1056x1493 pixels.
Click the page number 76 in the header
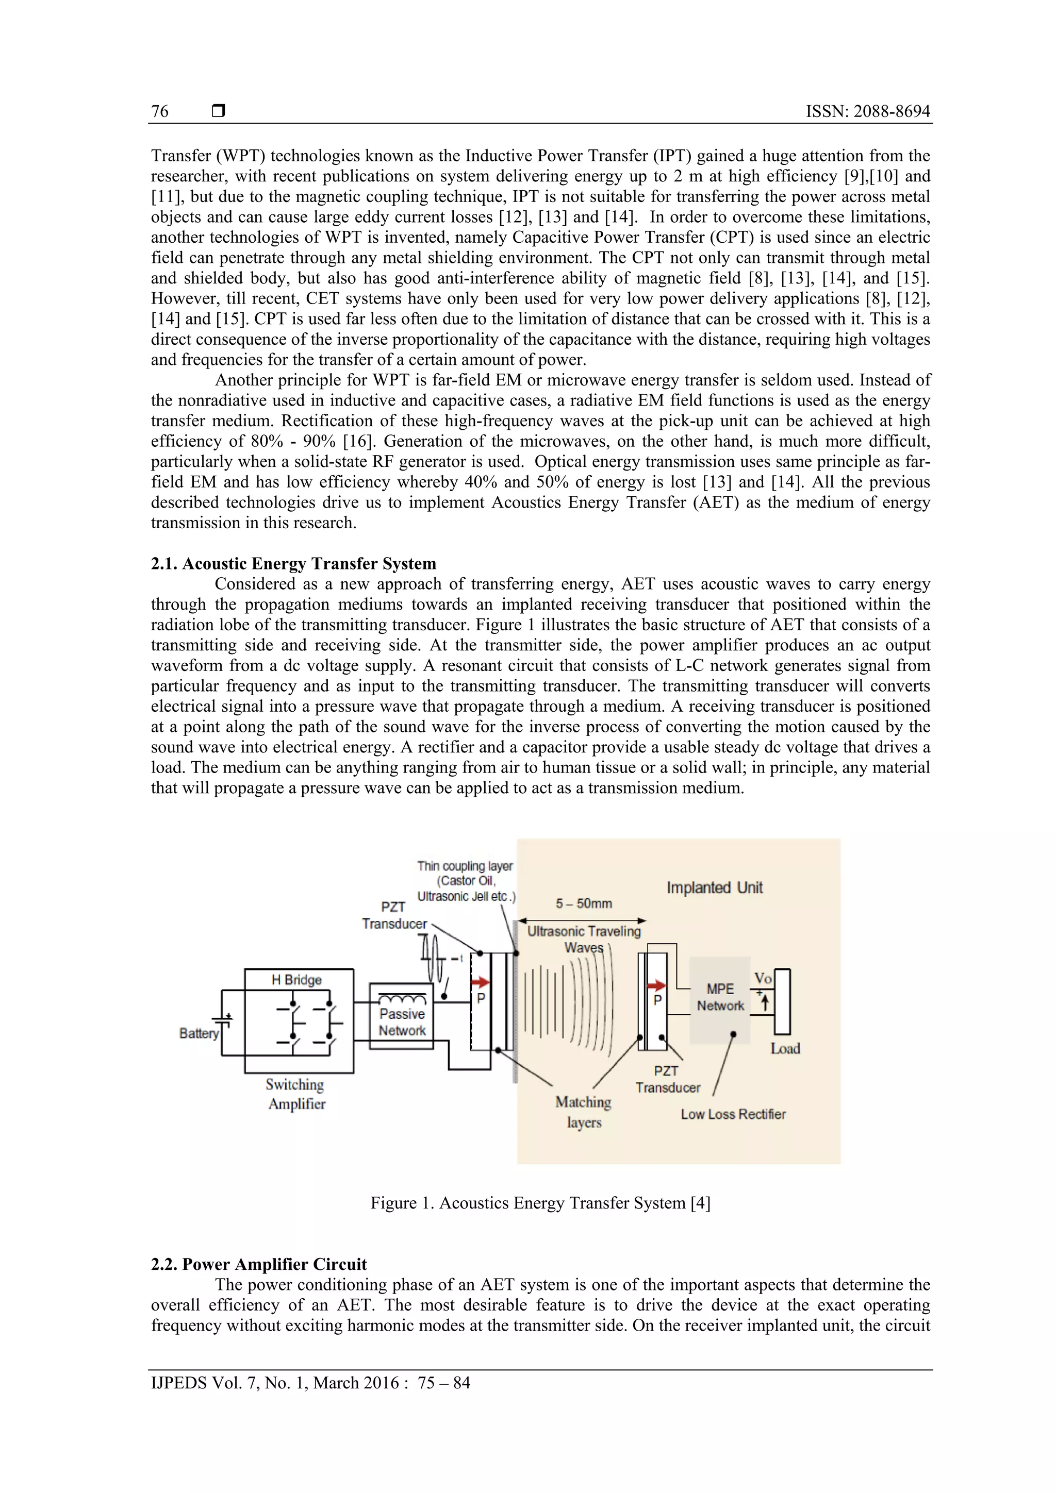pos(160,111)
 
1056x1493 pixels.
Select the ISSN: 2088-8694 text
pos(867,111)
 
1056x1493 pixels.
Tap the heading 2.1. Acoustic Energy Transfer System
pos(293,563)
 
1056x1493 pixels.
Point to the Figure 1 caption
pos(540,1202)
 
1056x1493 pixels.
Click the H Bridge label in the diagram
pos(296,979)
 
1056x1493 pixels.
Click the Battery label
pos(199,1033)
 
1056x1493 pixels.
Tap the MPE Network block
pos(720,998)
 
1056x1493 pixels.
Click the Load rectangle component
pos(782,1002)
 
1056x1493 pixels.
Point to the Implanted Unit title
pos(715,887)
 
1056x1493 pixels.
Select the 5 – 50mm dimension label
pos(584,903)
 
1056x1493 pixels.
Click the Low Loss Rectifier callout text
pos(733,1114)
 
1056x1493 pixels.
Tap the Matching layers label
pos(584,1112)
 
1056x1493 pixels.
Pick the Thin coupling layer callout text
pos(466,880)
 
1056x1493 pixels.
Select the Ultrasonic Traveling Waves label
pos(584,939)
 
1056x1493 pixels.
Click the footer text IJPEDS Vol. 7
pos(310,1383)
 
